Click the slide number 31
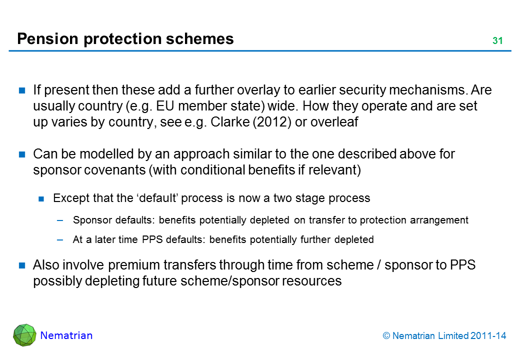(497, 41)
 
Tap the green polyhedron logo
(24, 335)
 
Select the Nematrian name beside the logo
(66, 335)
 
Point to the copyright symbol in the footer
(386, 336)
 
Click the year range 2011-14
(488, 336)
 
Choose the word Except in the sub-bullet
(69, 198)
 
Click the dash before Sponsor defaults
(60, 220)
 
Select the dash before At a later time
(60, 239)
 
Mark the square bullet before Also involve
(22, 265)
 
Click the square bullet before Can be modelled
(22, 154)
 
